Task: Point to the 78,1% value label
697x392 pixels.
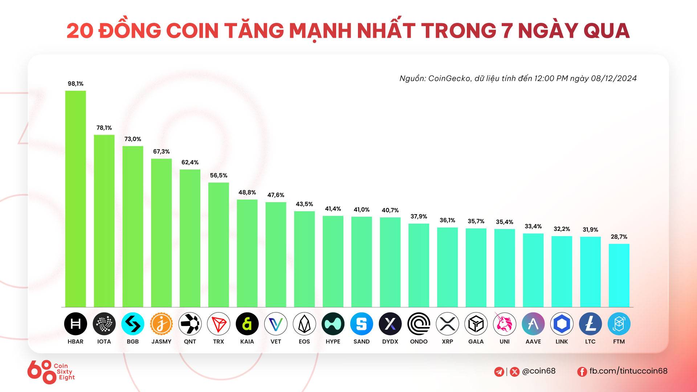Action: pyautogui.click(x=104, y=128)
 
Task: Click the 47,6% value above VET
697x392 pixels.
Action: pyautogui.click(x=276, y=195)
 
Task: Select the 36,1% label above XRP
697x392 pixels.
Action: pyautogui.click(x=447, y=220)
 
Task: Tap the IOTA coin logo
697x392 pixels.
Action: pyautogui.click(x=104, y=324)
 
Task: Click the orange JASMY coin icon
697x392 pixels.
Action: pyautogui.click(x=162, y=324)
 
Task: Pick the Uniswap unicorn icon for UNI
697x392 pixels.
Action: pyautogui.click(x=505, y=324)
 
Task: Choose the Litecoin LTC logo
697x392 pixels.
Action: pyautogui.click(x=590, y=324)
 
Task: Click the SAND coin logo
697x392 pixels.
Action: pyautogui.click(x=362, y=324)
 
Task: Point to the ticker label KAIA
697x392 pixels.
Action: pyautogui.click(x=247, y=342)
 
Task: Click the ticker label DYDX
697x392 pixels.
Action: pyautogui.click(x=390, y=342)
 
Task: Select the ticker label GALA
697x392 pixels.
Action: pyautogui.click(x=476, y=342)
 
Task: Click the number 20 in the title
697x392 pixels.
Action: pyautogui.click(x=80, y=30)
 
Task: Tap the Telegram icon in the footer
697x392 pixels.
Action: pyautogui.click(x=499, y=372)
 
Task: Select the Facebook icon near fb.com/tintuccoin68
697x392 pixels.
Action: pyautogui.click(x=582, y=372)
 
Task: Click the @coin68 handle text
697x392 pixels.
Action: pyautogui.click(x=539, y=371)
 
